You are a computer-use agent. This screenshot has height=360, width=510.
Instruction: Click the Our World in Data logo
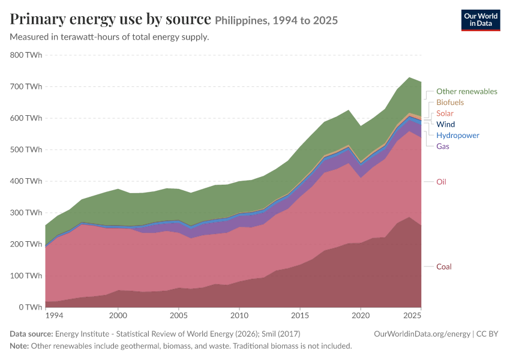481,20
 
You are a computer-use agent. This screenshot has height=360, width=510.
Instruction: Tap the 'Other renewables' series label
467,91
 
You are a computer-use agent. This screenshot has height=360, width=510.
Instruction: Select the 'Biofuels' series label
450,103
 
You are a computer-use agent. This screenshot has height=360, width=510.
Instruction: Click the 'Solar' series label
445,113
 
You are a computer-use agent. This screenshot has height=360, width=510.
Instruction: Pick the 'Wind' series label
446,124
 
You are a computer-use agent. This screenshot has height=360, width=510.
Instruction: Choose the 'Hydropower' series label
458,135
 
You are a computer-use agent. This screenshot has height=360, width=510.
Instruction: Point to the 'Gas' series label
443,146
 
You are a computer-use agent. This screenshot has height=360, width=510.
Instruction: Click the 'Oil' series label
441,182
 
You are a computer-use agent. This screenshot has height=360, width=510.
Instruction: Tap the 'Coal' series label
443,266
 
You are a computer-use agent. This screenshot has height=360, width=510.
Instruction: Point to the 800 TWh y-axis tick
26,55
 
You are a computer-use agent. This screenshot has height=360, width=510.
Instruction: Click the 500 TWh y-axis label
26,149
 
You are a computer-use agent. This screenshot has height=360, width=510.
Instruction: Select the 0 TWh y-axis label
31,307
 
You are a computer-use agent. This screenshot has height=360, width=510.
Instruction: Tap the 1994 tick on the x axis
55,316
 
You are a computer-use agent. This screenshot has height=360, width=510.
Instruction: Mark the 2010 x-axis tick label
239,316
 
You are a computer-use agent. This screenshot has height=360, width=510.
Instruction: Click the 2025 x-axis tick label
412,316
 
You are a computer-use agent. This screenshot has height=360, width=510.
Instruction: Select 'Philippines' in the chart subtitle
241,21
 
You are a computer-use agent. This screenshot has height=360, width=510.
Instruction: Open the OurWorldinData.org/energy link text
422,334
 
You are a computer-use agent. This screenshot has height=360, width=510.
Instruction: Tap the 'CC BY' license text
487,334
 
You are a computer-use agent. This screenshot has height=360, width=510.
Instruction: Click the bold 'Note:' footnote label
19,346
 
